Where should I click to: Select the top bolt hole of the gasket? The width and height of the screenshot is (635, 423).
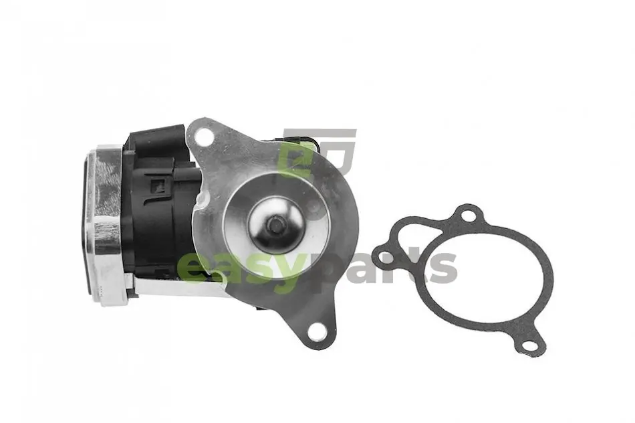click(x=468, y=216)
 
